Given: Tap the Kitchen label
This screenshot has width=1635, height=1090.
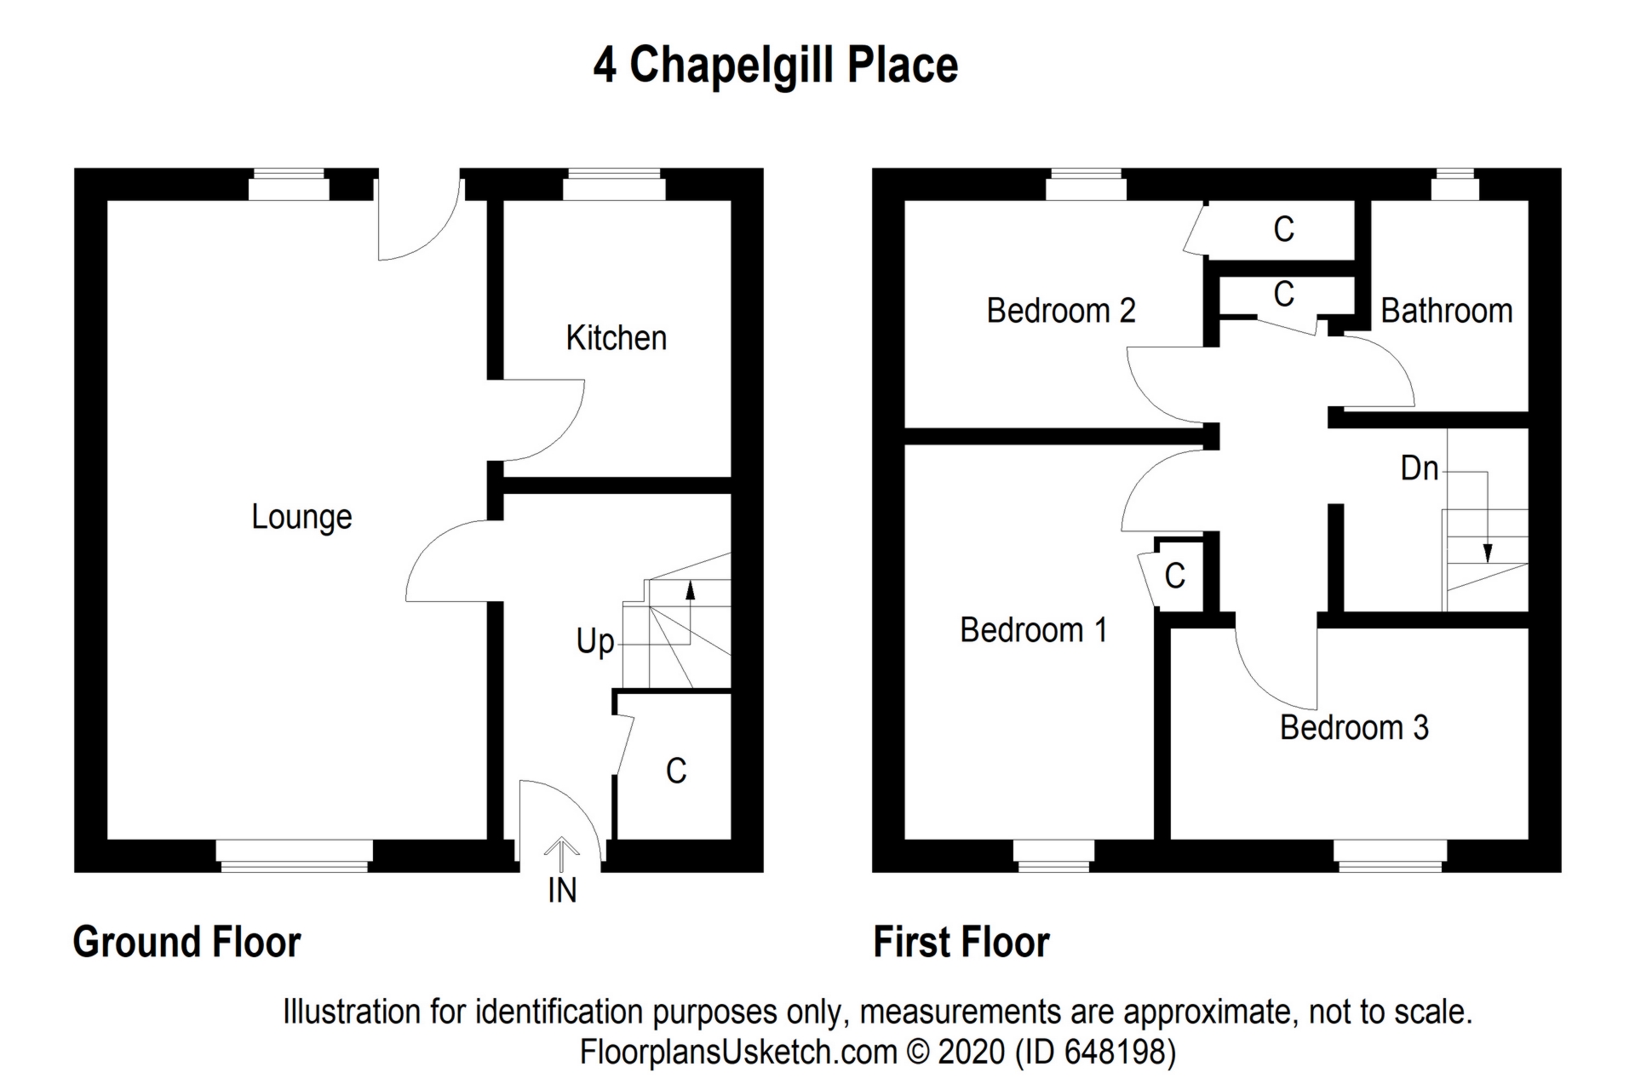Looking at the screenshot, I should point(616,338).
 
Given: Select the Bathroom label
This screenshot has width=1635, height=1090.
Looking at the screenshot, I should point(1446,311).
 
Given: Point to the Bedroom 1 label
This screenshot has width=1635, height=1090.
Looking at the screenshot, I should point(1033,630).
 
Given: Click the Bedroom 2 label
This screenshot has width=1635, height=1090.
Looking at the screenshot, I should point(1060,311).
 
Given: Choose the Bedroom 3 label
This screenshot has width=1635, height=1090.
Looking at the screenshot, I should point(1354,727).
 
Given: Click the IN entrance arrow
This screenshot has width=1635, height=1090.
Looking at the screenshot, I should point(561,850).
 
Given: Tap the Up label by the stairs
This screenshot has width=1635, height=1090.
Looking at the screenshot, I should point(594,640).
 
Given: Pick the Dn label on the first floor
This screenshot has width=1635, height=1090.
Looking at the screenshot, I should point(1419,468).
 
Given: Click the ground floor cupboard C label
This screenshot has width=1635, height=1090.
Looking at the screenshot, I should point(676,771).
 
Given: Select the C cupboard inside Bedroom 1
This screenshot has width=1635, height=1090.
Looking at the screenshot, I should point(1175,577).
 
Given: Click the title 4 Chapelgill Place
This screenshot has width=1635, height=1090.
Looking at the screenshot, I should point(775,66).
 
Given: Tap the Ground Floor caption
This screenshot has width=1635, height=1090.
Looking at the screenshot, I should point(186,943).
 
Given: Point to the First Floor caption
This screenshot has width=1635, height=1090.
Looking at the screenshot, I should point(961,943).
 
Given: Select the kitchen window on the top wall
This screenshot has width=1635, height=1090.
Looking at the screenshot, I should point(613,184).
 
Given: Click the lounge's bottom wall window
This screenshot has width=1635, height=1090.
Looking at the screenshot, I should point(294,856).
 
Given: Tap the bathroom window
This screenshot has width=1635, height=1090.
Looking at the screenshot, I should point(1454,184).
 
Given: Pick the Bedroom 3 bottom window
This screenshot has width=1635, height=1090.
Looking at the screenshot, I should point(1390,856).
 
